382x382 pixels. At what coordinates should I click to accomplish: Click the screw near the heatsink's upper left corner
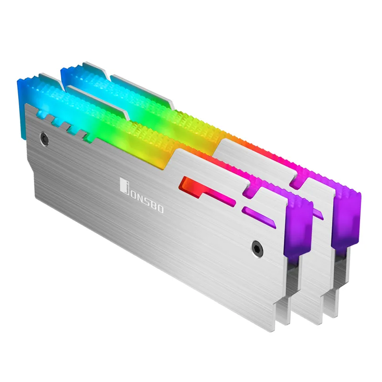[44, 137]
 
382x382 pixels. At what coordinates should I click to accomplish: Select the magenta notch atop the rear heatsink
[298, 176]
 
